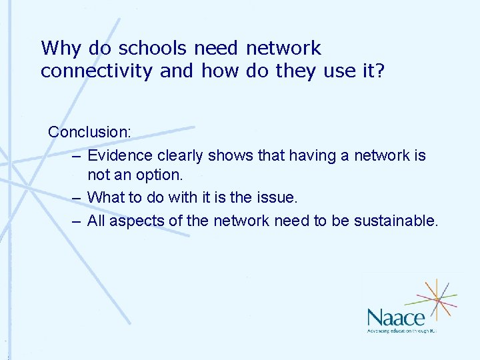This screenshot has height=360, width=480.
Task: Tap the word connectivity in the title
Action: [x=97, y=71]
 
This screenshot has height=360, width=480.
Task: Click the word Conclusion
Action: [x=89, y=131]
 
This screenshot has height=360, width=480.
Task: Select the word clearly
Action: [x=181, y=155]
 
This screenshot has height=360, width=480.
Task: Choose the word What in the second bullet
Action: [x=105, y=197]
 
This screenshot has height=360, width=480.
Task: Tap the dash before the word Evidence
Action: [x=77, y=156]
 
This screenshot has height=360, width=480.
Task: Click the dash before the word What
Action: [x=77, y=198]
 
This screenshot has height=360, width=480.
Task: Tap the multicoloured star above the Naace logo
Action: [x=436, y=299]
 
